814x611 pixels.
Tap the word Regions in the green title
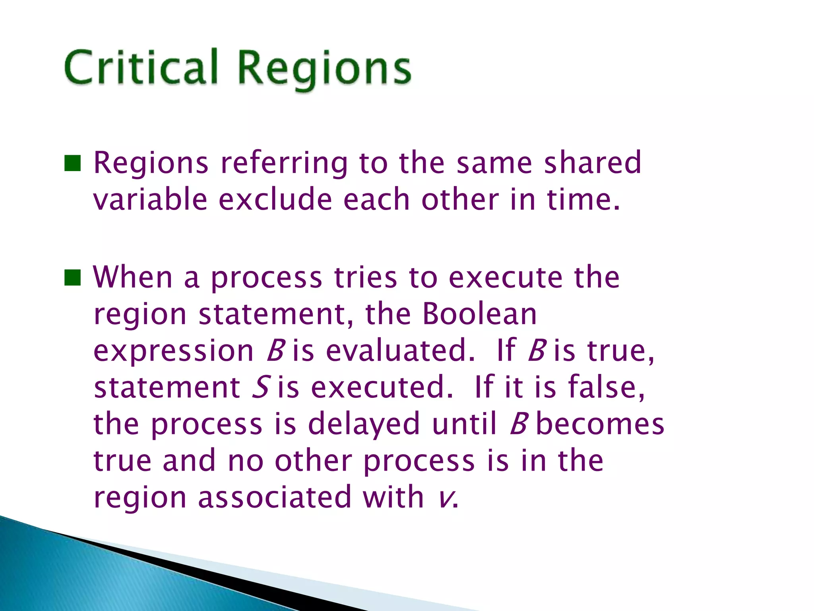pos(324,68)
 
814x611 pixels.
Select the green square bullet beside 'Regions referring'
pos(72,163)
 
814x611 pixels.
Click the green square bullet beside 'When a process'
pos(72,278)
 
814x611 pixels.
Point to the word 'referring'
pos(284,163)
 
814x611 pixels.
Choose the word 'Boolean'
pos(479,313)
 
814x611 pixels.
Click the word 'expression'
pos(173,351)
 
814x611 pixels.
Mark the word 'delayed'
pos(364,424)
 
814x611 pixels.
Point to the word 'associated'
pos(275,497)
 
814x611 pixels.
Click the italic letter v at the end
pos(445,498)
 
